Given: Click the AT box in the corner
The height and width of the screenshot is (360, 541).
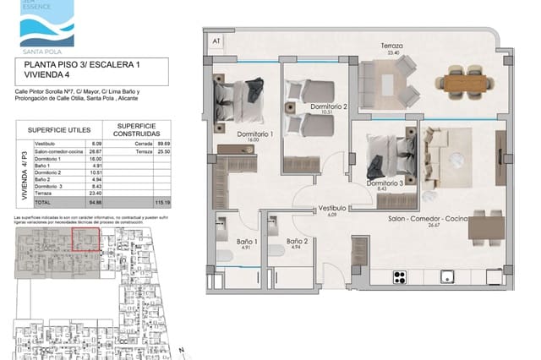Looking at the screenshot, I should pyautogui.click(x=216, y=41).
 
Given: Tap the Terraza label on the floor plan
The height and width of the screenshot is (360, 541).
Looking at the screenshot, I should pyautogui.click(x=391, y=48).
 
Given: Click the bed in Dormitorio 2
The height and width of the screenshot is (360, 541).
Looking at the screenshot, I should pyautogui.click(x=301, y=96).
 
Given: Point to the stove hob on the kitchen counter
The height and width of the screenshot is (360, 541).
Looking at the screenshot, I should pyautogui.click(x=400, y=275).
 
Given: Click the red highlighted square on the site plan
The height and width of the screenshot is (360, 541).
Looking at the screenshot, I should pyautogui.click(x=85, y=240).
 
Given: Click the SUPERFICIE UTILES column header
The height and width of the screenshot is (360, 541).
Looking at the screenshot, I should pyautogui.click(x=55, y=131).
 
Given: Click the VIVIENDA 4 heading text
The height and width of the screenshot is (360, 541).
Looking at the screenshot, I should pyautogui.click(x=47, y=74).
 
